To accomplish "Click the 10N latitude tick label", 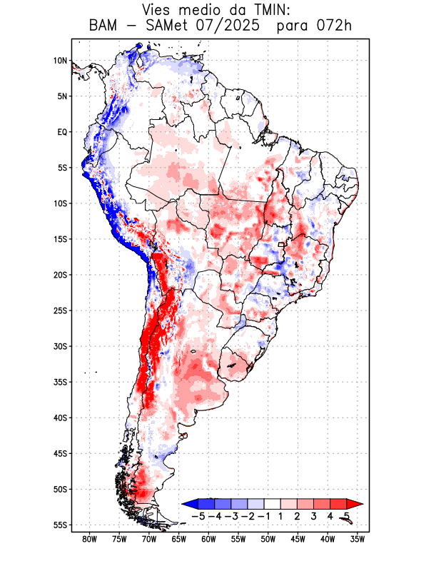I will pyautogui.click(x=60, y=61).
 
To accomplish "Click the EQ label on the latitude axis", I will pyautogui.click(x=61, y=132).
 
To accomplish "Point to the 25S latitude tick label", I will pyautogui.click(x=60, y=310).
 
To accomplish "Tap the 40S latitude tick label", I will pyautogui.click(x=60, y=418).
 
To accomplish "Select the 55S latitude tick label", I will pyautogui.click(x=60, y=525).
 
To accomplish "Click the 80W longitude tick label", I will pyautogui.click(x=89, y=540).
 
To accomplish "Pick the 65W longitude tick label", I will pyautogui.click(x=179, y=540).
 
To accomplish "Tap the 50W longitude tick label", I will pyautogui.click(x=268, y=540).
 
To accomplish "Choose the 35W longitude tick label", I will pyautogui.click(x=358, y=540).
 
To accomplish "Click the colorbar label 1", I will pyautogui.click(x=281, y=516).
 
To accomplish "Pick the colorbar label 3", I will pyautogui.click(x=314, y=516).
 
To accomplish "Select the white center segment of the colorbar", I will pyautogui.click(x=273, y=503).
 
